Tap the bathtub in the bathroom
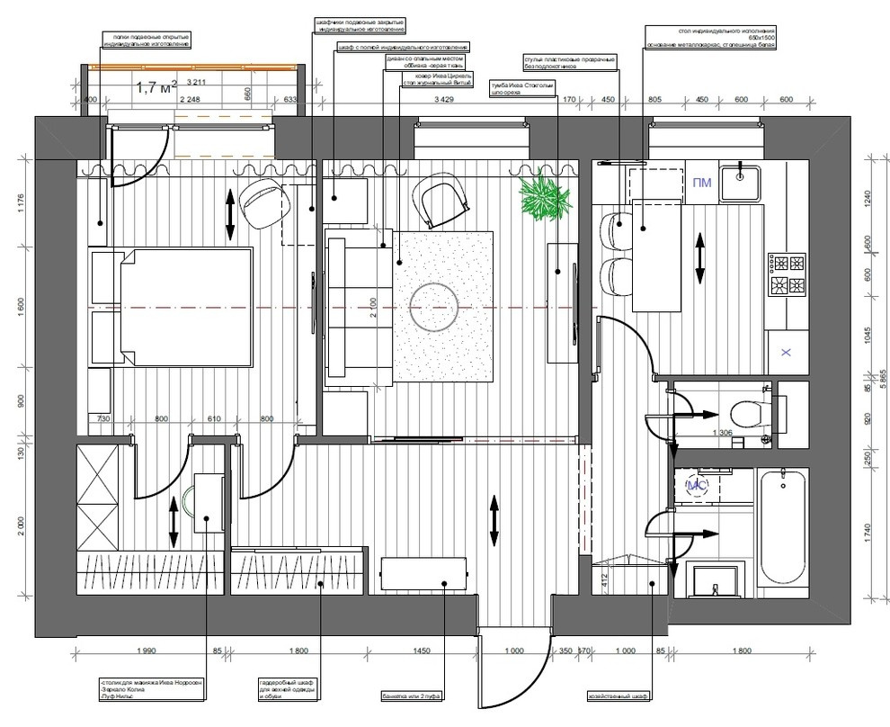(x=780, y=531)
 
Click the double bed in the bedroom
(x=171, y=308)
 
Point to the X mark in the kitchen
(x=786, y=352)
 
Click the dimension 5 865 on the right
(x=882, y=378)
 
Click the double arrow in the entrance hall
(x=494, y=519)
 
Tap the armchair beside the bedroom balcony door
(x=263, y=202)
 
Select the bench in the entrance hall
(x=423, y=573)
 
